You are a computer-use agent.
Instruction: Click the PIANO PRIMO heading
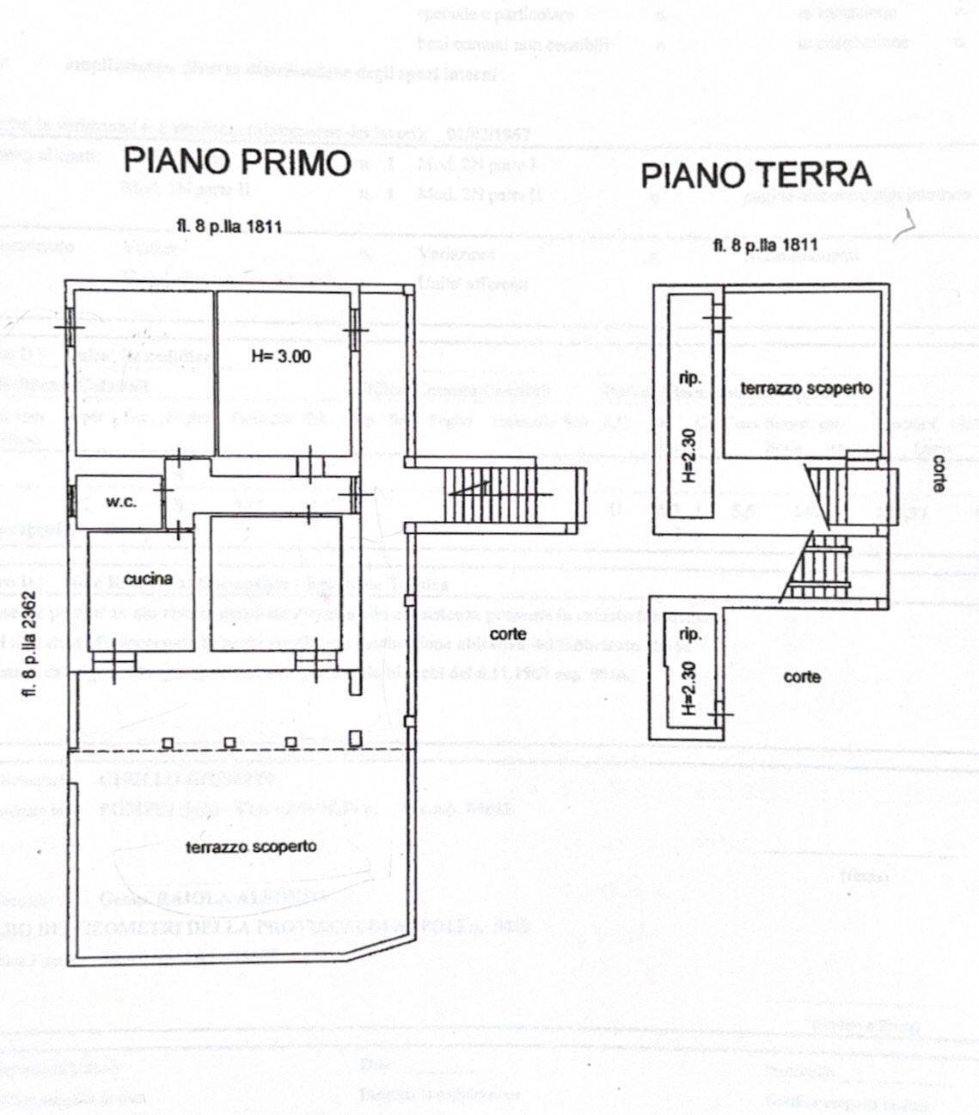pos(238,162)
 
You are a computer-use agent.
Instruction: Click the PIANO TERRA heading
pos(756,175)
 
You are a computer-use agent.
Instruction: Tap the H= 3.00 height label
pos(281,356)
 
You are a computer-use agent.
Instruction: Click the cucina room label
pos(147,579)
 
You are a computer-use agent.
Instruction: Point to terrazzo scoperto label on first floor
pos(251,846)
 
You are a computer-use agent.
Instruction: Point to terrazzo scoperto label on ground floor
pos(805,388)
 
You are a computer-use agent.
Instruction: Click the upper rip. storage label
pos(689,378)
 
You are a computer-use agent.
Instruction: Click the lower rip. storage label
pos(689,634)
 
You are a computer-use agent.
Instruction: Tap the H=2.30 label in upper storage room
pos(688,456)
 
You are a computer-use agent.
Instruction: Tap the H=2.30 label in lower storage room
pos(688,687)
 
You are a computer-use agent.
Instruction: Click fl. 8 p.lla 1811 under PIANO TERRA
pos(765,245)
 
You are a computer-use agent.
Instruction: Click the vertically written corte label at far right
pos(938,473)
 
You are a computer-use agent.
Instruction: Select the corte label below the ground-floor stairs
pos(802,677)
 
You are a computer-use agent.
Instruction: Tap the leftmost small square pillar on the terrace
pos(168,743)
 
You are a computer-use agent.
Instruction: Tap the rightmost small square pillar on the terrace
pos(355,737)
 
